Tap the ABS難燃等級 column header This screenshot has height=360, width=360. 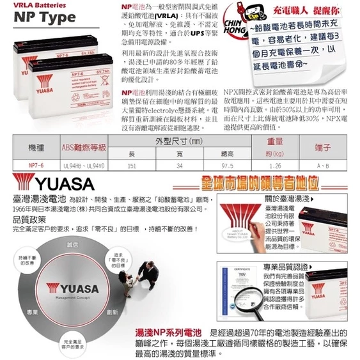(82, 148)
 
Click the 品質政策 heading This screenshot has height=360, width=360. (22, 219)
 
